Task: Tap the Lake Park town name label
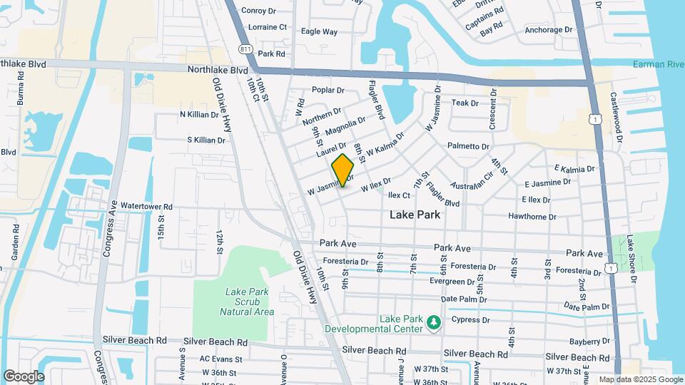point(415,214)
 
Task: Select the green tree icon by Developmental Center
point(432,323)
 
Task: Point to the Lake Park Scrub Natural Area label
point(248,302)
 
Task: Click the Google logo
point(24,376)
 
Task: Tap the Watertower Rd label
point(146,207)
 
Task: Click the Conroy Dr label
point(258,10)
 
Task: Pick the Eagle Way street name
point(319,31)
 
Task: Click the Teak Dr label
point(465,103)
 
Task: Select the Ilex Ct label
point(399,195)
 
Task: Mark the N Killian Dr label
point(203,114)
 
